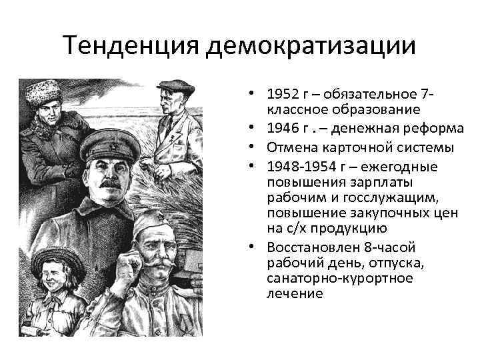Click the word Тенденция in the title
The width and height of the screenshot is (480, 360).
coord(132,46)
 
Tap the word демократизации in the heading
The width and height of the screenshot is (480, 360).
coord(312,46)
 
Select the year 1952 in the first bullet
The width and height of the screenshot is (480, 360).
coord(281,95)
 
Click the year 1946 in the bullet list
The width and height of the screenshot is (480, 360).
coord(281,128)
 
